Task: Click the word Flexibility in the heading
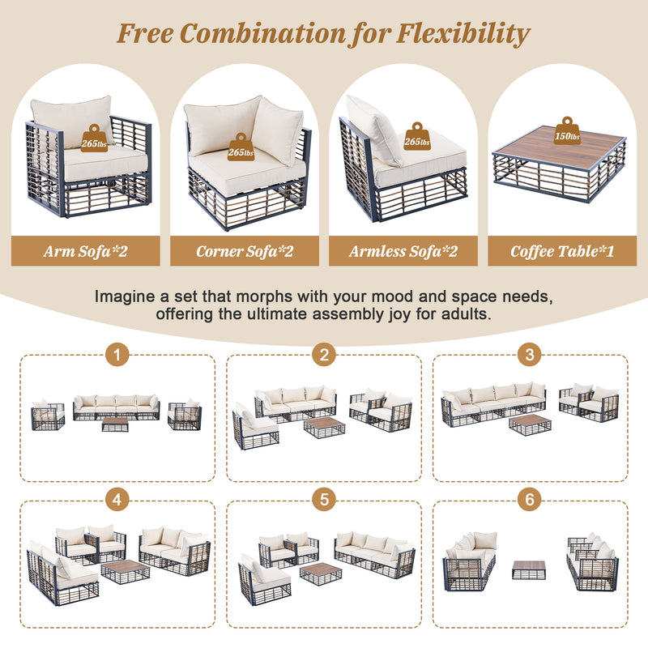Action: [463, 33]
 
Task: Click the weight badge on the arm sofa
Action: [94, 139]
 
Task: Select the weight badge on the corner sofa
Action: [241, 147]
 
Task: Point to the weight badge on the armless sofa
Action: [417, 136]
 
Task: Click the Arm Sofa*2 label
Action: [86, 251]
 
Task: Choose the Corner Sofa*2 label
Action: [245, 251]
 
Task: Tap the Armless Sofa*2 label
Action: [403, 251]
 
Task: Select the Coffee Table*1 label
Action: [562, 251]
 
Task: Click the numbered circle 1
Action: [117, 355]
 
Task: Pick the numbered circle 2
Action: [324, 355]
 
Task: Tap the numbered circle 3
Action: [530, 355]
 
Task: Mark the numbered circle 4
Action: [117, 500]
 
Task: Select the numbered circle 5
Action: [324, 500]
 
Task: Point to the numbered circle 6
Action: [530, 500]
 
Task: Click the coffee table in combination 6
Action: [529, 569]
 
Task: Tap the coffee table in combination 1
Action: [115, 424]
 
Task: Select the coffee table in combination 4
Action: [126, 572]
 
